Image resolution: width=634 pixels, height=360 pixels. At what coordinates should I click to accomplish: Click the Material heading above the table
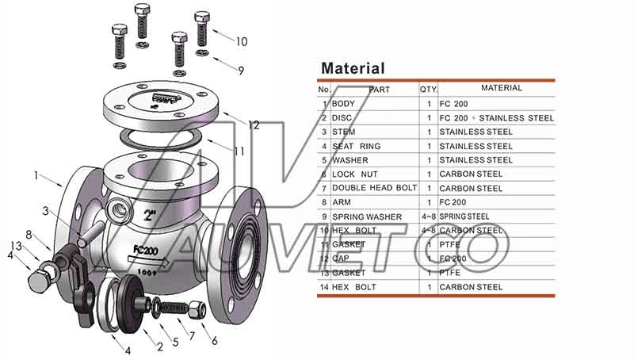(353, 69)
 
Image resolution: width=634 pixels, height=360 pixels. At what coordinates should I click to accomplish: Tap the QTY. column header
(429, 90)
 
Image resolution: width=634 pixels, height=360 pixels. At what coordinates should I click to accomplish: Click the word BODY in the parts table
(344, 104)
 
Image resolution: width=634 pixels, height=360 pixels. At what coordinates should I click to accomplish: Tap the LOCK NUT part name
(354, 174)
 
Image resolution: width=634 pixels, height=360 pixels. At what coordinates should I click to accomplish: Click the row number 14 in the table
(324, 287)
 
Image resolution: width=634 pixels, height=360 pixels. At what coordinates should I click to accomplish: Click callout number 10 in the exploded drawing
(242, 41)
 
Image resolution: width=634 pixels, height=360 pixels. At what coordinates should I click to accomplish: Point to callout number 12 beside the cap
(254, 125)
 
